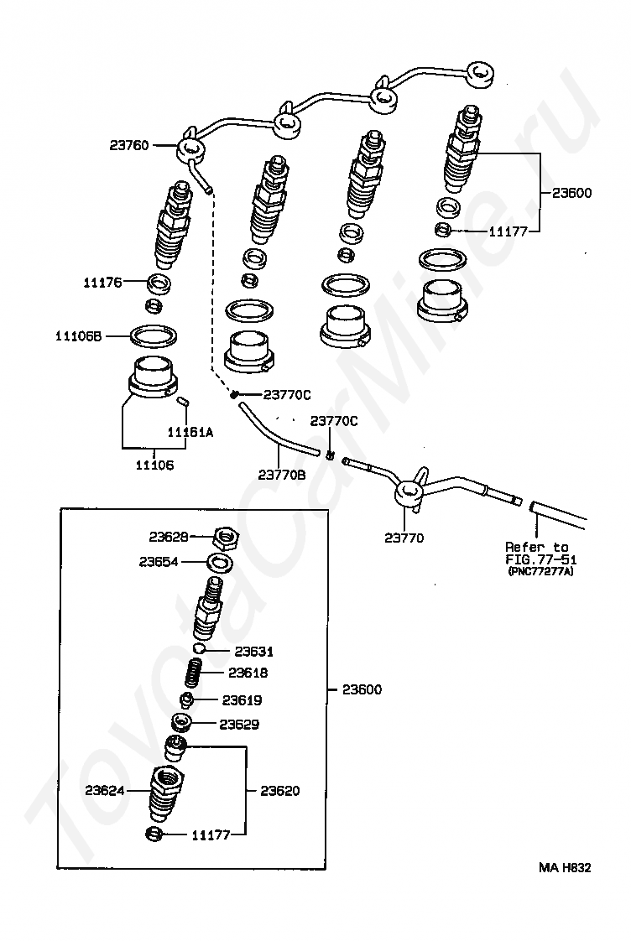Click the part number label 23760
[x=128, y=145]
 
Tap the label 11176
[x=102, y=283]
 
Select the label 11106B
[x=78, y=336]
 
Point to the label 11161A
[x=190, y=433]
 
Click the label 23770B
[x=281, y=474]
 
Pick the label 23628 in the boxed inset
[x=169, y=536]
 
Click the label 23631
[x=253, y=652]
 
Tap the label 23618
[x=248, y=673]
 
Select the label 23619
[x=242, y=700]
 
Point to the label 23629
[x=239, y=724]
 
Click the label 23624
[x=104, y=790]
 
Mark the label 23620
[x=279, y=791]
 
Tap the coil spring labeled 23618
[x=193, y=673]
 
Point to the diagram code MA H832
[x=564, y=868]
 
